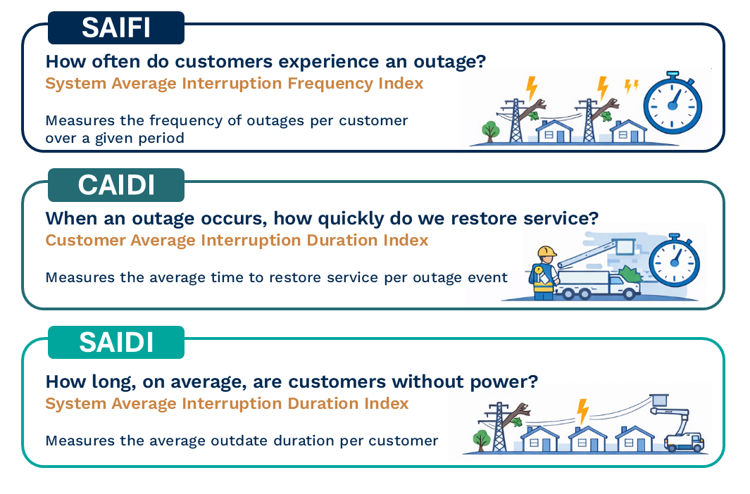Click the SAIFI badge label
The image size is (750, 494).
tap(116, 27)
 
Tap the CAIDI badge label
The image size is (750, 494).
tap(116, 185)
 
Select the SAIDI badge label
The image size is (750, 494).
tap(116, 342)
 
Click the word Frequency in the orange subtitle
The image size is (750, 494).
tap(330, 84)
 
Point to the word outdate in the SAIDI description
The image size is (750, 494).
tap(239, 441)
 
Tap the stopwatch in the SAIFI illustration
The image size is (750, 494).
tap(673, 103)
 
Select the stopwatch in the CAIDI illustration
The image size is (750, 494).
tap(675, 260)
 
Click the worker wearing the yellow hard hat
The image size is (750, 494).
tap(544, 273)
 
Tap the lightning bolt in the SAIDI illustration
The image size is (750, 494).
tap(582, 412)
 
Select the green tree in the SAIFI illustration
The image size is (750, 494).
tap(490, 132)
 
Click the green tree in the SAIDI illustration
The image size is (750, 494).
tap(482, 441)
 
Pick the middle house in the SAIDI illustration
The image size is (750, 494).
tap(587, 438)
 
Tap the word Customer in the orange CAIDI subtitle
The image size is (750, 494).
tap(86, 240)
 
